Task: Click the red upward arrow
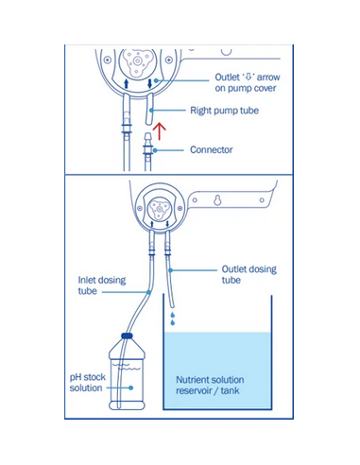[161, 131]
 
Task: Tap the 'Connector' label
[212, 149]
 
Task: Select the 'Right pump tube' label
[225, 111]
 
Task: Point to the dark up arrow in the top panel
[127, 83]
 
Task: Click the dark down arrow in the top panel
[150, 83]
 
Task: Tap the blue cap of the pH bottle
[127, 336]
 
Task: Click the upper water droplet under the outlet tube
[173, 315]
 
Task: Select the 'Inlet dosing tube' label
[102, 285]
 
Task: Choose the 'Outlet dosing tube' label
[249, 274]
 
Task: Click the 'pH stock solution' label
[88, 383]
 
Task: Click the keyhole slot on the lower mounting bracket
[217, 200]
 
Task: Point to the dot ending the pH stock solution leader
[130, 387]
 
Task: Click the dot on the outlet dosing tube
[170, 270]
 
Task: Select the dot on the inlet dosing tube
[148, 292]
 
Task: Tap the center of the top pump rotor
[137, 61]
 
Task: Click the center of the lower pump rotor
[159, 209]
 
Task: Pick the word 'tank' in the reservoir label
[230, 390]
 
